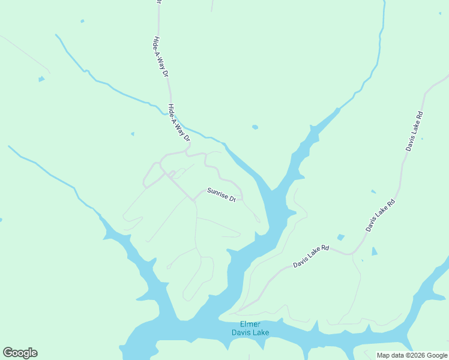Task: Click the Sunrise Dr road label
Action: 221,195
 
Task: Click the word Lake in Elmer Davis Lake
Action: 261,333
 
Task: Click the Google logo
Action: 20,353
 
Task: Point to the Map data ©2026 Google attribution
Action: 412,355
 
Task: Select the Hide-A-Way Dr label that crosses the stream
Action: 179,123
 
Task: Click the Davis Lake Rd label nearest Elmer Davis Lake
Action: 312,256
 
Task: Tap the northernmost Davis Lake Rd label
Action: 415,131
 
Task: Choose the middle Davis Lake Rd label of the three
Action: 381,215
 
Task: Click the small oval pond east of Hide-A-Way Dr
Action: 255,127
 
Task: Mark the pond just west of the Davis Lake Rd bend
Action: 341,238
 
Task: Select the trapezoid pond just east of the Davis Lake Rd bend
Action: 375,251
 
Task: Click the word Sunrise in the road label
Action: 217,193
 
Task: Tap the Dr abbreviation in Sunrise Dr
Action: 233,199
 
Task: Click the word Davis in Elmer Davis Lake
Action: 242,333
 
